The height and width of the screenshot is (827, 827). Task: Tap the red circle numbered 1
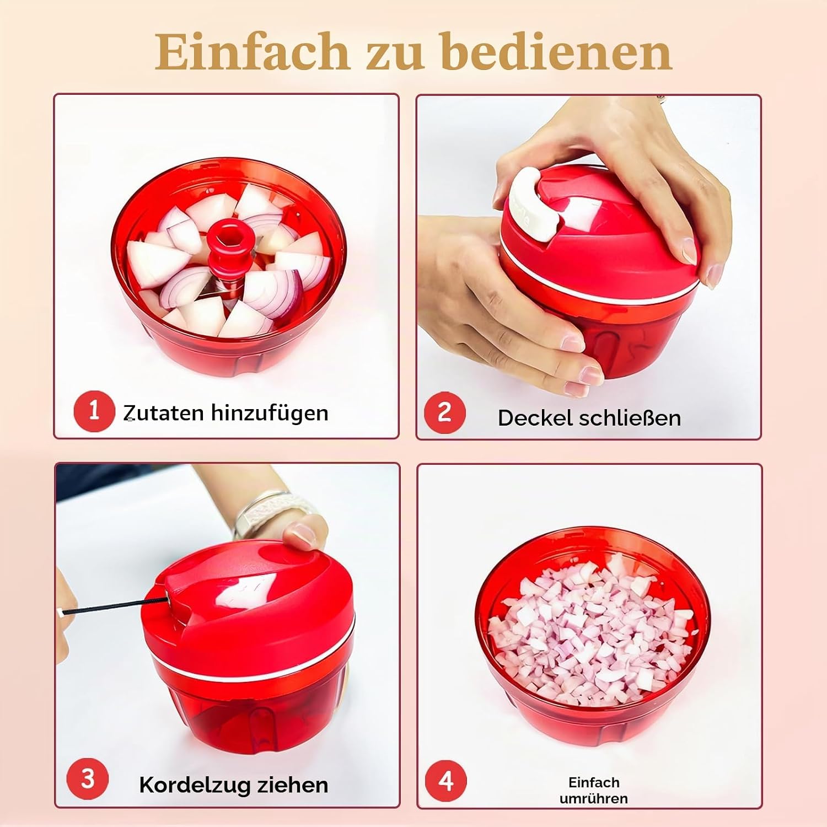[94, 411]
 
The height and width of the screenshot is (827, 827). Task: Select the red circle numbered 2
[444, 412]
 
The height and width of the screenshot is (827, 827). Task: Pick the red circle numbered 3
[87, 778]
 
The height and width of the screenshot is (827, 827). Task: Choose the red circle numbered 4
[445, 781]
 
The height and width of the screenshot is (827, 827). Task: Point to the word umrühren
[594, 798]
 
